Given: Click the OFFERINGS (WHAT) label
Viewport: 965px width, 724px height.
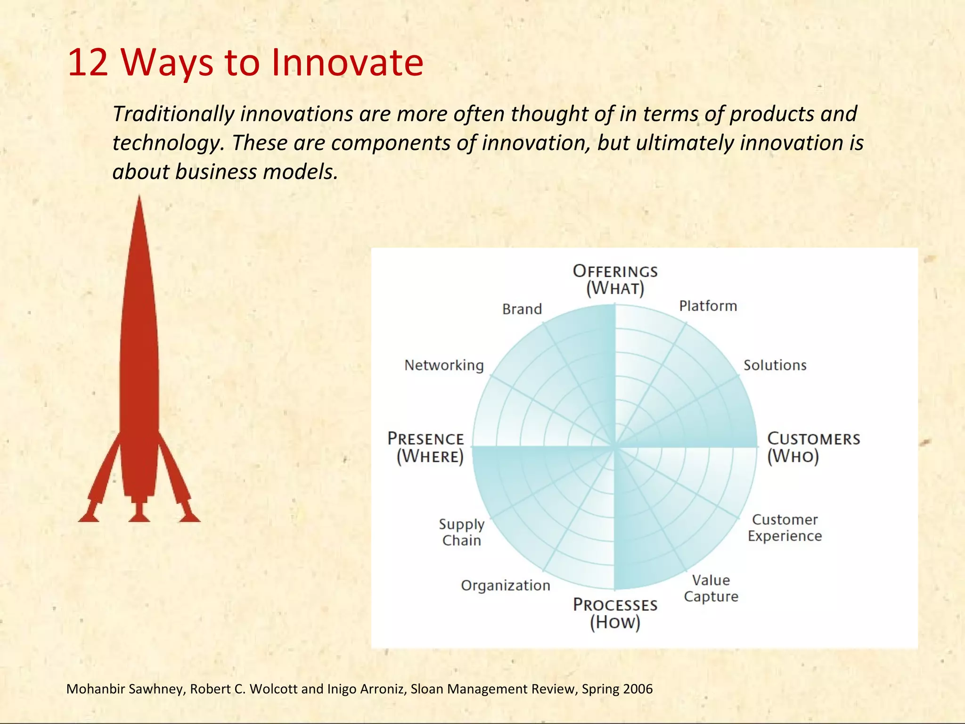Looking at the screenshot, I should coord(615,280).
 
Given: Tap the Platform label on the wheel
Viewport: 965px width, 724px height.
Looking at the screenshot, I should coord(708,306).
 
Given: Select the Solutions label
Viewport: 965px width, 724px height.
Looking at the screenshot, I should coord(775,365).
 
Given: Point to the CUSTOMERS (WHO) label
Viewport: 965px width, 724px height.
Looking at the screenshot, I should coord(813,447).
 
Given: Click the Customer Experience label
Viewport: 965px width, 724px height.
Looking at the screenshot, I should coord(785,527).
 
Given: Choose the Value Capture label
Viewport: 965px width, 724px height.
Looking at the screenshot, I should coord(711,588).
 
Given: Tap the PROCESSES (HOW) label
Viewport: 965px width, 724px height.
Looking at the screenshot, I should coord(615,613).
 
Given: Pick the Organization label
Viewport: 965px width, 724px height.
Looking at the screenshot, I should coord(505,585).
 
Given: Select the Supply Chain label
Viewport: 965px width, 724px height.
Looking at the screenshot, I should coord(461,532).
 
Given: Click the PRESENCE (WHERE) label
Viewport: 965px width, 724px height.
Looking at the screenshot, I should coord(426,447).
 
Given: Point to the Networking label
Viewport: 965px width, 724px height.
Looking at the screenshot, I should coord(444,365).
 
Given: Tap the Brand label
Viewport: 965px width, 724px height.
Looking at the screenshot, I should coord(522,309).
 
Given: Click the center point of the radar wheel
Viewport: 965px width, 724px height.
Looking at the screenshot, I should coord(614,446).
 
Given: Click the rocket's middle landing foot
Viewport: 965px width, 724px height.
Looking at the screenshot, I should coord(139,517).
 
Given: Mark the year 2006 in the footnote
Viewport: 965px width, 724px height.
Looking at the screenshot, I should coord(638,689).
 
